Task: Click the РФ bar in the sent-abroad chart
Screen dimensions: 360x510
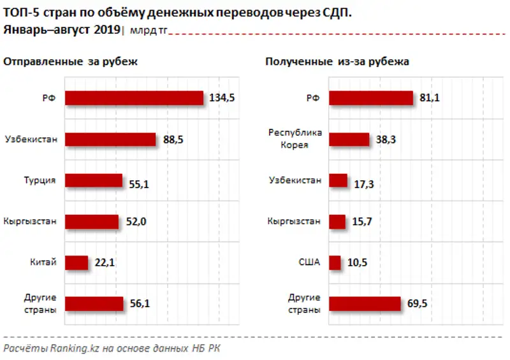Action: pos(135,97)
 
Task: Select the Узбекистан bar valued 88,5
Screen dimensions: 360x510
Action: pos(111,140)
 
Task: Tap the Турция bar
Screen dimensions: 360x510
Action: pos(94,181)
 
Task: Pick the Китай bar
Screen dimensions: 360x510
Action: pos(76,263)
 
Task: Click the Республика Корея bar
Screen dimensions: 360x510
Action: pos(349,140)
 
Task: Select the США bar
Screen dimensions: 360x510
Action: pos(335,263)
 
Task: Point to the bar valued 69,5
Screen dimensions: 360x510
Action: pos(365,304)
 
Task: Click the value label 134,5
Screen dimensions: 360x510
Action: pos(222,97)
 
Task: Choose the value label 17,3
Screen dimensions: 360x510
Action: pos(364,184)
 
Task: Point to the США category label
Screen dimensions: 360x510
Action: pos(310,263)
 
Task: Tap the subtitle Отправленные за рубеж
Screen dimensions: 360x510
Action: pos(71,62)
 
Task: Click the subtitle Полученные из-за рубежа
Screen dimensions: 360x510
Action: pos(337,62)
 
